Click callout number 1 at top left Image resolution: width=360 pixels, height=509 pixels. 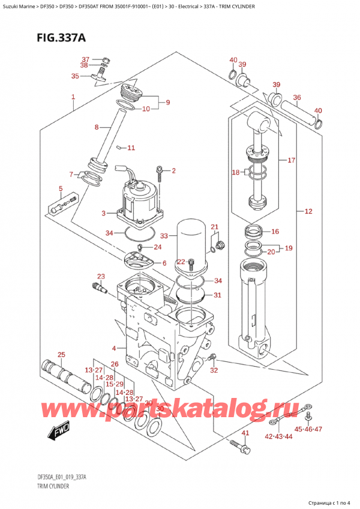coord(73,97)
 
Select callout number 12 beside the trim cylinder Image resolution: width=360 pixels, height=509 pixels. coord(308,211)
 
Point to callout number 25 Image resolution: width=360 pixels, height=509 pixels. coord(61,355)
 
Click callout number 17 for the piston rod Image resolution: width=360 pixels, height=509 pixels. coord(291,160)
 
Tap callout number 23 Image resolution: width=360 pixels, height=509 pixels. coord(100,276)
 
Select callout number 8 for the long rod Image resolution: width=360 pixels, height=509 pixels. coord(97,127)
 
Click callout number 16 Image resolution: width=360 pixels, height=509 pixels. coord(275,232)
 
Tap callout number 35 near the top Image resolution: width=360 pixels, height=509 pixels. coord(75,76)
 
